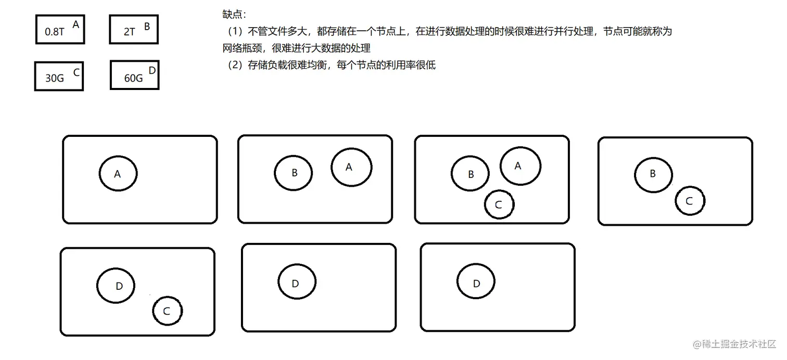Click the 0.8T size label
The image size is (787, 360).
(x=55, y=32)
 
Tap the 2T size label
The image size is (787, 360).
(x=129, y=32)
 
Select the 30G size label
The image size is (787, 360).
(x=55, y=79)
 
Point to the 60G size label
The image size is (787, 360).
(x=133, y=79)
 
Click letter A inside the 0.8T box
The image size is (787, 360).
(x=76, y=24)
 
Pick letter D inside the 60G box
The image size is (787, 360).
(x=152, y=70)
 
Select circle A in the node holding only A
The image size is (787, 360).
(x=118, y=174)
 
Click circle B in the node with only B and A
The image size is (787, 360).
(x=294, y=173)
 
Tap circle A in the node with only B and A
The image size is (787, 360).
(x=351, y=167)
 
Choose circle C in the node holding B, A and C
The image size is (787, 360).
(x=499, y=204)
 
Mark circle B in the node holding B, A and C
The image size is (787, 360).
(x=470, y=174)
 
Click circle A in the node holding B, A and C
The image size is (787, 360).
(x=519, y=166)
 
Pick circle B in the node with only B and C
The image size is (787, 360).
(x=653, y=174)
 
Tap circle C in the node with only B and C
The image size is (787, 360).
(x=690, y=201)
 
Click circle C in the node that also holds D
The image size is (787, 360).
(x=167, y=311)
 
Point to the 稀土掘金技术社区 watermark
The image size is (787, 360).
(x=734, y=344)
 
